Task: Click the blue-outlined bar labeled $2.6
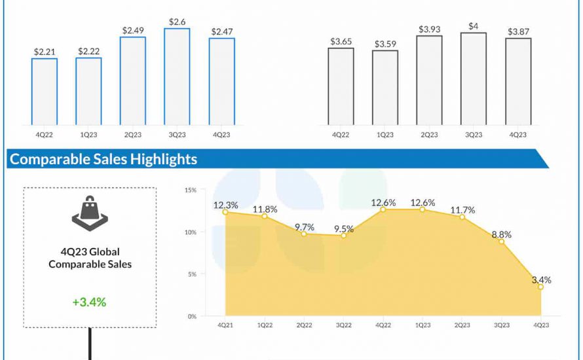click(177, 77)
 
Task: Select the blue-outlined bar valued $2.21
click(44, 92)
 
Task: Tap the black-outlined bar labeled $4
click(474, 79)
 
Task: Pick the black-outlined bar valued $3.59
click(385, 87)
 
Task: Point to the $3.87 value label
click(518, 31)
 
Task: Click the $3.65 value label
click(341, 41)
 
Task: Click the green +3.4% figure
click(89, 302)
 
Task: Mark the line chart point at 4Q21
click(225, 212)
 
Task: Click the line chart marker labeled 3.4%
click(541, 287)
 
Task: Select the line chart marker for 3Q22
click(343, 236)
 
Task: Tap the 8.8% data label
click(501, 234)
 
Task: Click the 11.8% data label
click(265, 209)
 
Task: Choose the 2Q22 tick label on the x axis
click(304, 324)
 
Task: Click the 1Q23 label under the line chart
click(423, 324)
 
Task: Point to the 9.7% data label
click(304, 227)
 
